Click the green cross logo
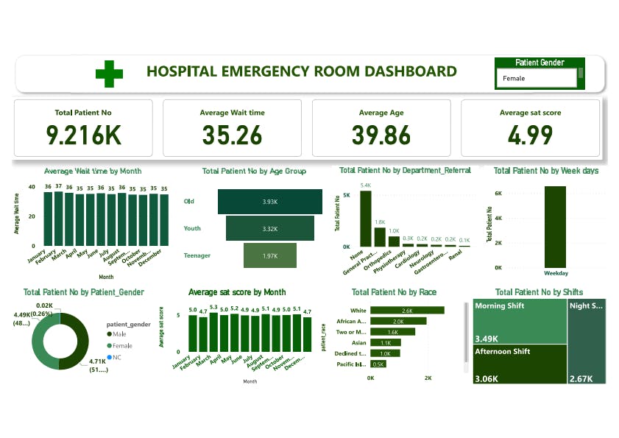pyautogui.click(x=109, y=73)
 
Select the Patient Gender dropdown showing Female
pyautogui.click(x=538, y=78)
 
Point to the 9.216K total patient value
pyautogui.click(x=83, y=135)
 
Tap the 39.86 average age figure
pyautogui.click(x=381, y=135)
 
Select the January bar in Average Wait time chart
pyautogui.click(x=49, y=219)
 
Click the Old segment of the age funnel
pyautogui.click(x=270, y=202)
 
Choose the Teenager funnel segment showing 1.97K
pyautogui.click(x=270, y=255)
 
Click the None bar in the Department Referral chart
pyautogui.click(x=365, y=219)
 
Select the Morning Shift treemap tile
pyautogui.click(x=519, y=322)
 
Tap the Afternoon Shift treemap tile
pyautogui.click(x=519, y=364)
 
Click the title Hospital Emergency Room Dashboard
pyautogui.click(x=301, y=71)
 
